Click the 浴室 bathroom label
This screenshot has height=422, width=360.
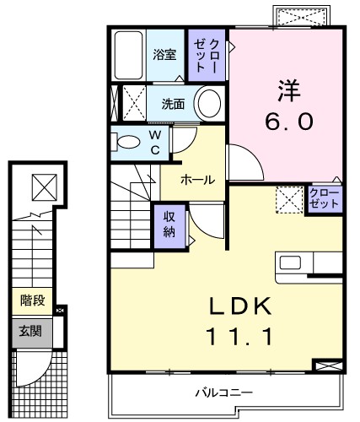coord(164,55)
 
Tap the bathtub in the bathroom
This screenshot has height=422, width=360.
coord(128,55)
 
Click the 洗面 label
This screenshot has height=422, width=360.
coord(173,105)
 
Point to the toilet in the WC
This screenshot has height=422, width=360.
coord(129,142)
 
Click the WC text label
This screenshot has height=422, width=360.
coord(157,141)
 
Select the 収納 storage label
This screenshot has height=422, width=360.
coord(168,225)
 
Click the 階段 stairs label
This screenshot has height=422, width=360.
coord(33,300)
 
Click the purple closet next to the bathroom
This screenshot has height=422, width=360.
coord(207,55)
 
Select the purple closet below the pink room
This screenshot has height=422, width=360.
coord(322,199)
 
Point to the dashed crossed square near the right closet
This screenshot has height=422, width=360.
coord(291,199)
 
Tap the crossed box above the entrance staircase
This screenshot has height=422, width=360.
coord(40,186)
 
